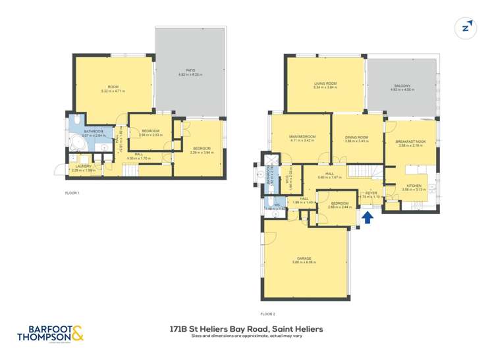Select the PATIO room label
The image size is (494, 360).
(x=190, y=70)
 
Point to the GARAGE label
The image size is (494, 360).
(x=304, y=258)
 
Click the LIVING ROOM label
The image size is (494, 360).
(x=325, y=84)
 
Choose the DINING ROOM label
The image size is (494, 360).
(x=356, y=137)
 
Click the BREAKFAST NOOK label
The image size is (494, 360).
(x=410, y=141)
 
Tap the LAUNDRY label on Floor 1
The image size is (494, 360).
(x=84, y=167)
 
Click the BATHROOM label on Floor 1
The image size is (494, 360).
(x=94, y=132)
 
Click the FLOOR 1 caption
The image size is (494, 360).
(x=72, y=193)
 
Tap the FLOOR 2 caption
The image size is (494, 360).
(x=269, y=314)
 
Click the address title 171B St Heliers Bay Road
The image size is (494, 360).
(x=246, y=328)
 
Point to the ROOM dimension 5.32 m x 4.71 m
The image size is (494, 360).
(x=113, y=91)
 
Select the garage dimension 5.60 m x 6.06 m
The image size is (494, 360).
(x=304, y=262)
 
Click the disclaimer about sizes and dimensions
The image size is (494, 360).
(x=246, y=336)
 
